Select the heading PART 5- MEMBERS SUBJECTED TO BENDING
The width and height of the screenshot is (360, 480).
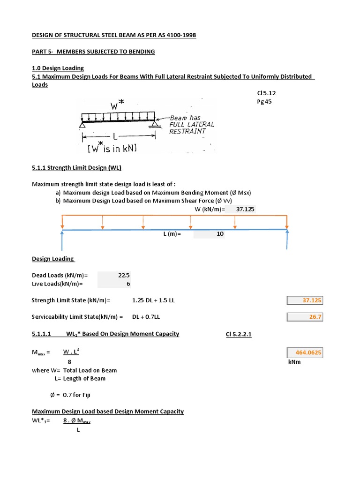[93, 51]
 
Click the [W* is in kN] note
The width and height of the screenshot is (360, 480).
[112, 149]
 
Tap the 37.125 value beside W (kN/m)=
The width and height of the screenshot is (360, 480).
[245, 209]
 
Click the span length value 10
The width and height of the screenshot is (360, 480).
[220, 234]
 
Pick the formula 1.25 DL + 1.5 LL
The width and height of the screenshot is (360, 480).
[153, 300]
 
